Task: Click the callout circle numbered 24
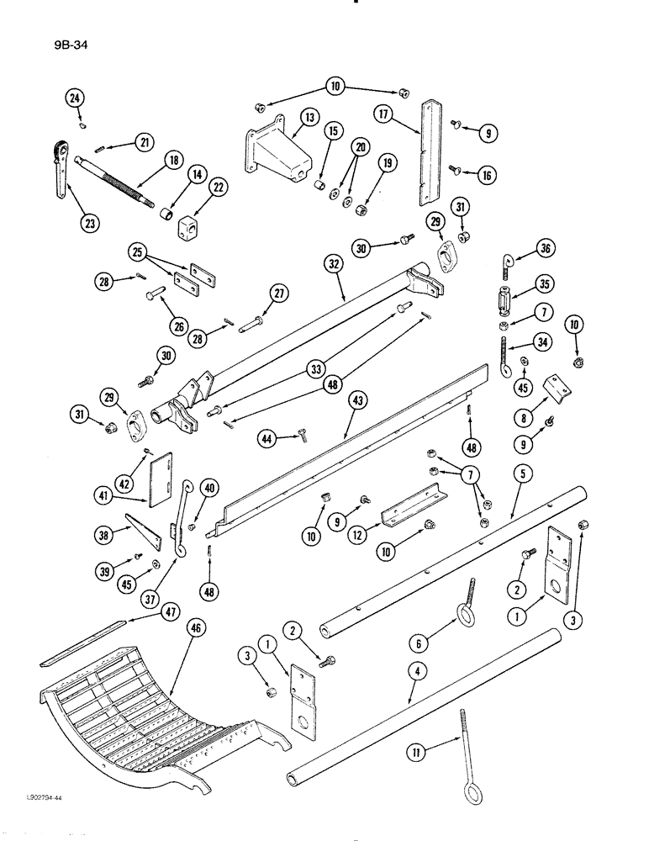[x=76, y=99]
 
